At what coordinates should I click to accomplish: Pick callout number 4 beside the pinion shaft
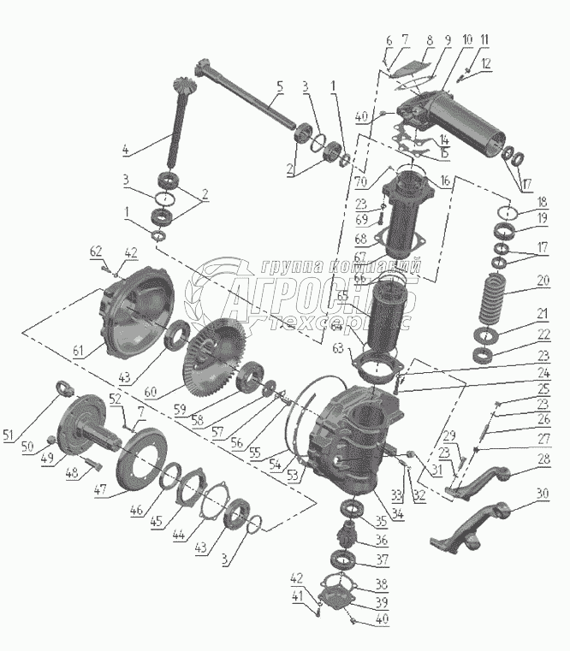(x=126, y=151)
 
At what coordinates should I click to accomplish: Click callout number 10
(x=467, y=40)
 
